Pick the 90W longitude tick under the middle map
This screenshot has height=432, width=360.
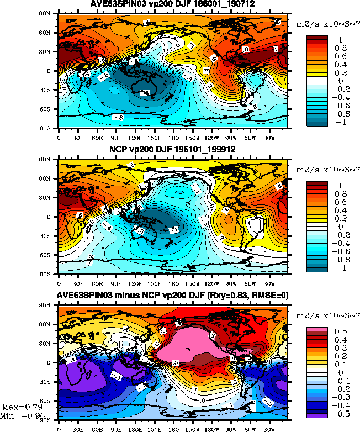click(x=230, y=282)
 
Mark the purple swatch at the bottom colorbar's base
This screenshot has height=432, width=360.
click(x=318, y=413)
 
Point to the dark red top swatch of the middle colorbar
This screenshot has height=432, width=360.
click(x=318, y=185)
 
